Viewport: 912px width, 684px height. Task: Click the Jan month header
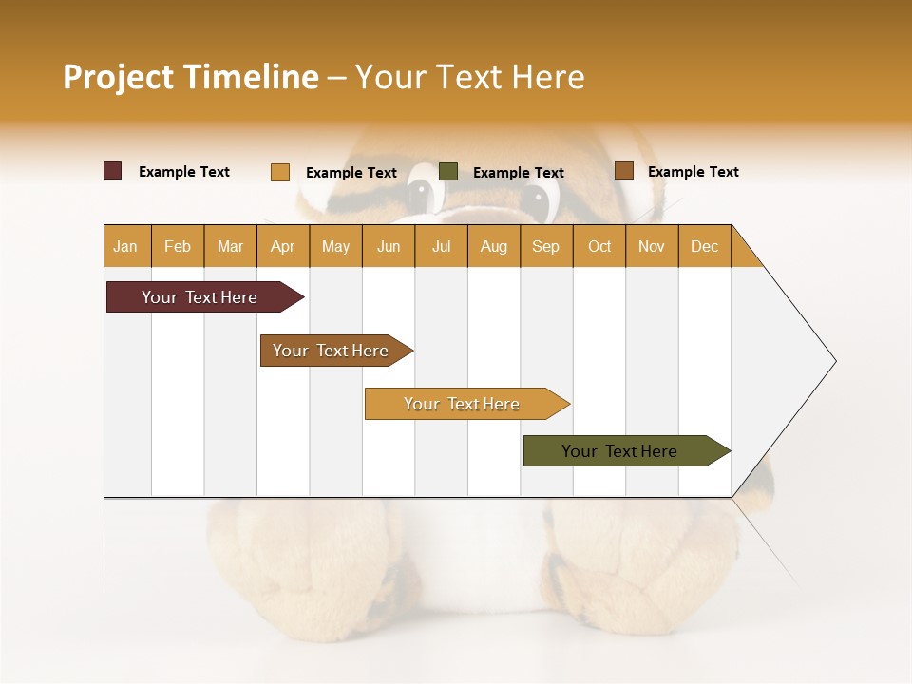[125, 246]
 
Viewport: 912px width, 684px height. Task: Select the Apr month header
[282, 246]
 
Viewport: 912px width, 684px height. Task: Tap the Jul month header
[441, 246]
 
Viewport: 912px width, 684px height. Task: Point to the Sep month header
[545, 246]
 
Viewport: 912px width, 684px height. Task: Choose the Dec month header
[704, 246]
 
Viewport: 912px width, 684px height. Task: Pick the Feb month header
[178, 246]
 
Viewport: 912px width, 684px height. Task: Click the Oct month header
[599, 246]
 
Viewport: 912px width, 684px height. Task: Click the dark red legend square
[113, 171]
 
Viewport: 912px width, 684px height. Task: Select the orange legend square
[280, 172]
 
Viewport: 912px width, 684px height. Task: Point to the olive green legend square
[448, 172]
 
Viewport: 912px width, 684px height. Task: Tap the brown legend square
[624, 171]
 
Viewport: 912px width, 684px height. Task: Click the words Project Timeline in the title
[191, 77]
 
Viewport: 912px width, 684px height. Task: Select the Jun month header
[389, 246]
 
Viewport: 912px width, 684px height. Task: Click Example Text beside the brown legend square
[693, 172]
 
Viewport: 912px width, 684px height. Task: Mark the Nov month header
[652, 246]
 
